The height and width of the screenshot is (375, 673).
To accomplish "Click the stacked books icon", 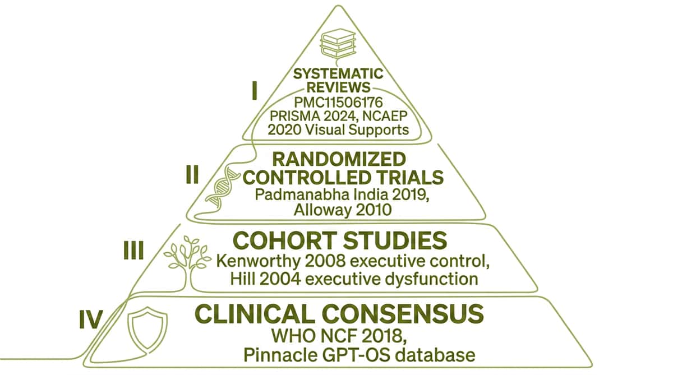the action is coord(338,44).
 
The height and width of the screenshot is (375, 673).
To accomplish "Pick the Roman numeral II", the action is coord(192,174).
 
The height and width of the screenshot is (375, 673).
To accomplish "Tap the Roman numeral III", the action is coord(133,250).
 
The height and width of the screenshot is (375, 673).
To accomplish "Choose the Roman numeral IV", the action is coord(91,319).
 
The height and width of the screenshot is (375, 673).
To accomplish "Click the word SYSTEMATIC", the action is coord(338,73).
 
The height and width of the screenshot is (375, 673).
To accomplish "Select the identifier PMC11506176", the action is coord(338,103).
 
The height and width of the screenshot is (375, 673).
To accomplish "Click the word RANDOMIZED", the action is coord(339,159).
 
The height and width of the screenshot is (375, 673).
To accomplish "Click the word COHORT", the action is coord(285,240).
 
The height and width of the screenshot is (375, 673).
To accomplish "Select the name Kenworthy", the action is coord(258,262).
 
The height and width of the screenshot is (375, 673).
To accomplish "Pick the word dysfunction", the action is coord(431,279).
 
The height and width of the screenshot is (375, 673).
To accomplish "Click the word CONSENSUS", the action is coord(403,314).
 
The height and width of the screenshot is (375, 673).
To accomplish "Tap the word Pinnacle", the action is coord(280,355).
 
